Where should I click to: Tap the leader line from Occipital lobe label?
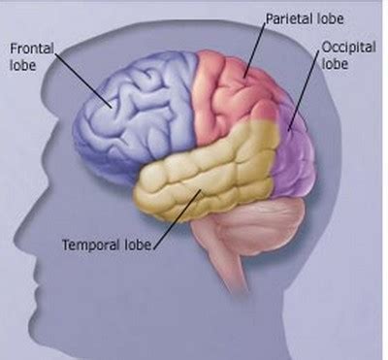(306, 92)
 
